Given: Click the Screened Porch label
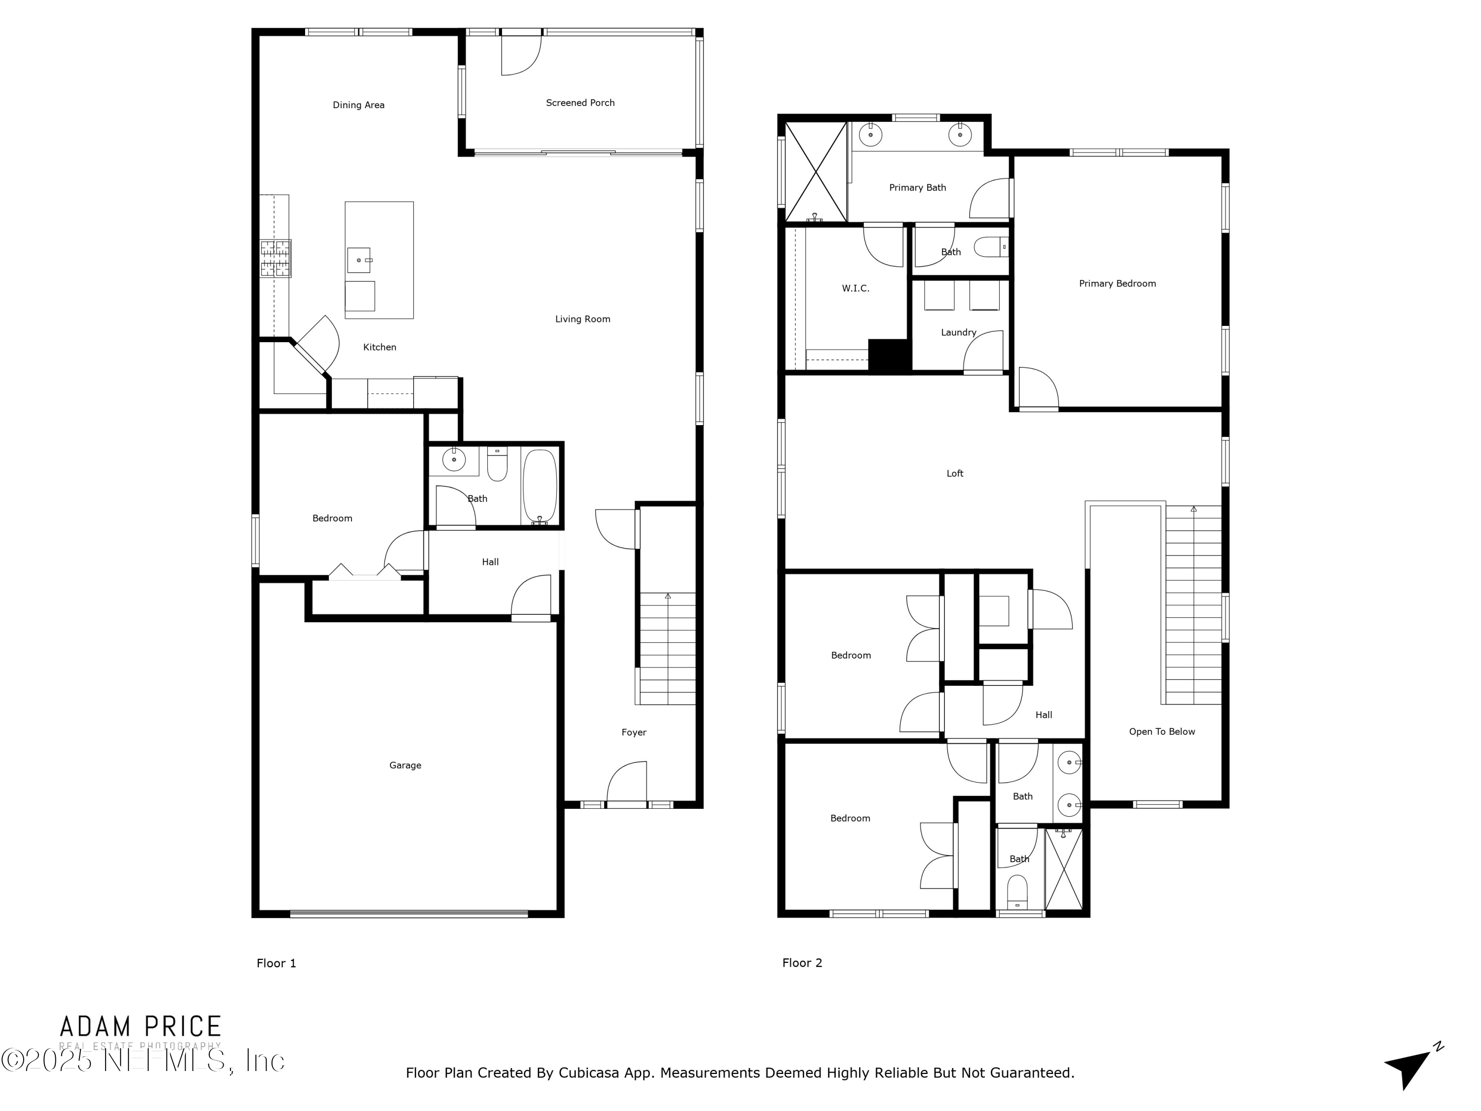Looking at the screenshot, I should tap(580, 103).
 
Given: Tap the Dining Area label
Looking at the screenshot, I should tap(358, 105).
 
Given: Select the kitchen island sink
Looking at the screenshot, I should tap(359, 260).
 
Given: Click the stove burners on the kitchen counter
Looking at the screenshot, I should tap(276, 259).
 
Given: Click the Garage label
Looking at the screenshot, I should tap(405, 765).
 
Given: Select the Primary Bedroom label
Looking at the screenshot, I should tap(1117, 284).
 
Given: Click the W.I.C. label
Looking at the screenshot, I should tap(855, 289).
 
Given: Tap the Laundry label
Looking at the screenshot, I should tap(958, 333).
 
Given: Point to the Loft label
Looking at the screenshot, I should tap(955, 474).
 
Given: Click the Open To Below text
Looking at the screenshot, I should tap(1162, 732).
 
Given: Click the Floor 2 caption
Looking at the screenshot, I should tap(801, 963).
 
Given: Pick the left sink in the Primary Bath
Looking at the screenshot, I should tap(870, 135).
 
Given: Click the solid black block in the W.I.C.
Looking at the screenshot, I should tap(889, 356).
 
